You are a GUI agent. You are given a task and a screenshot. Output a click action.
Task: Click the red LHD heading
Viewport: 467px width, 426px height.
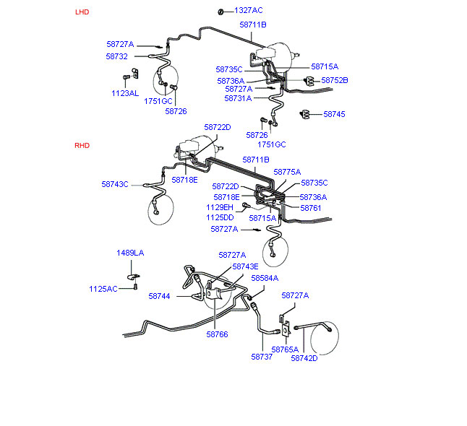(x=83, y=12)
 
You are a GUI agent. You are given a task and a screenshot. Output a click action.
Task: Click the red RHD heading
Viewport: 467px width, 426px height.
(x=82, y=145)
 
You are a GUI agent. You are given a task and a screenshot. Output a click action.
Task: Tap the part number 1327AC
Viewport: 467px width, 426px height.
(x=248, y=10)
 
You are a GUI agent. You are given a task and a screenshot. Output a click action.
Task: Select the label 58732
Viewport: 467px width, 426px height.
(x=116, y=56)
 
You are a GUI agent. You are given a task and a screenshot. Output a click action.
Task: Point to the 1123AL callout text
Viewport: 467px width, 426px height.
(x=125, y=93)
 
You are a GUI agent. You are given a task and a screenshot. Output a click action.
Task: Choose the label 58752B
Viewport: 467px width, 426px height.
(x=335, y=80)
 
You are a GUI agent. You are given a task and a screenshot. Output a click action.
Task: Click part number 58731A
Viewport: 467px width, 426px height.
(x=238, y=98)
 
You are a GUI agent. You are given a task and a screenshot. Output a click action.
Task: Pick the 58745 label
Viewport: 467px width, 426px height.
(x=334, y=114)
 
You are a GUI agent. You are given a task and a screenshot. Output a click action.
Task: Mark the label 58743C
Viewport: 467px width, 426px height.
(x=115, y=184)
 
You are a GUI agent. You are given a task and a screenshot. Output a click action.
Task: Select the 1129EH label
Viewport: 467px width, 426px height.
(x=220, y=207)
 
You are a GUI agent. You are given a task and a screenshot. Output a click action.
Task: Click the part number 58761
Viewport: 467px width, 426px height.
(x=310, y=207)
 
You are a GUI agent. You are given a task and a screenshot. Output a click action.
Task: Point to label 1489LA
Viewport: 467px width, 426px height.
(x=131, y=253)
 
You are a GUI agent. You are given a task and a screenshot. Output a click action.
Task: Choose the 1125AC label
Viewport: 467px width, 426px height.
(x=103, y=289)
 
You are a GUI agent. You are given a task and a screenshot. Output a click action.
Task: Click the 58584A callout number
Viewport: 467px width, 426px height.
(x=265, y=277)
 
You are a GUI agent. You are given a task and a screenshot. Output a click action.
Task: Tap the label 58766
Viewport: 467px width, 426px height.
(x=217, y=334)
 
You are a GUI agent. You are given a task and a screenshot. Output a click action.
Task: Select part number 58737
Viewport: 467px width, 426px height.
(x=262, y=356)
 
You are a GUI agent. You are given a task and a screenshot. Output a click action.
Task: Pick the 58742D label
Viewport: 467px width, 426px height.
(x=304, y=358)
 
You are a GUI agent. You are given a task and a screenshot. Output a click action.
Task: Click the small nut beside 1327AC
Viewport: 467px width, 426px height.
(x=221, y=11)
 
